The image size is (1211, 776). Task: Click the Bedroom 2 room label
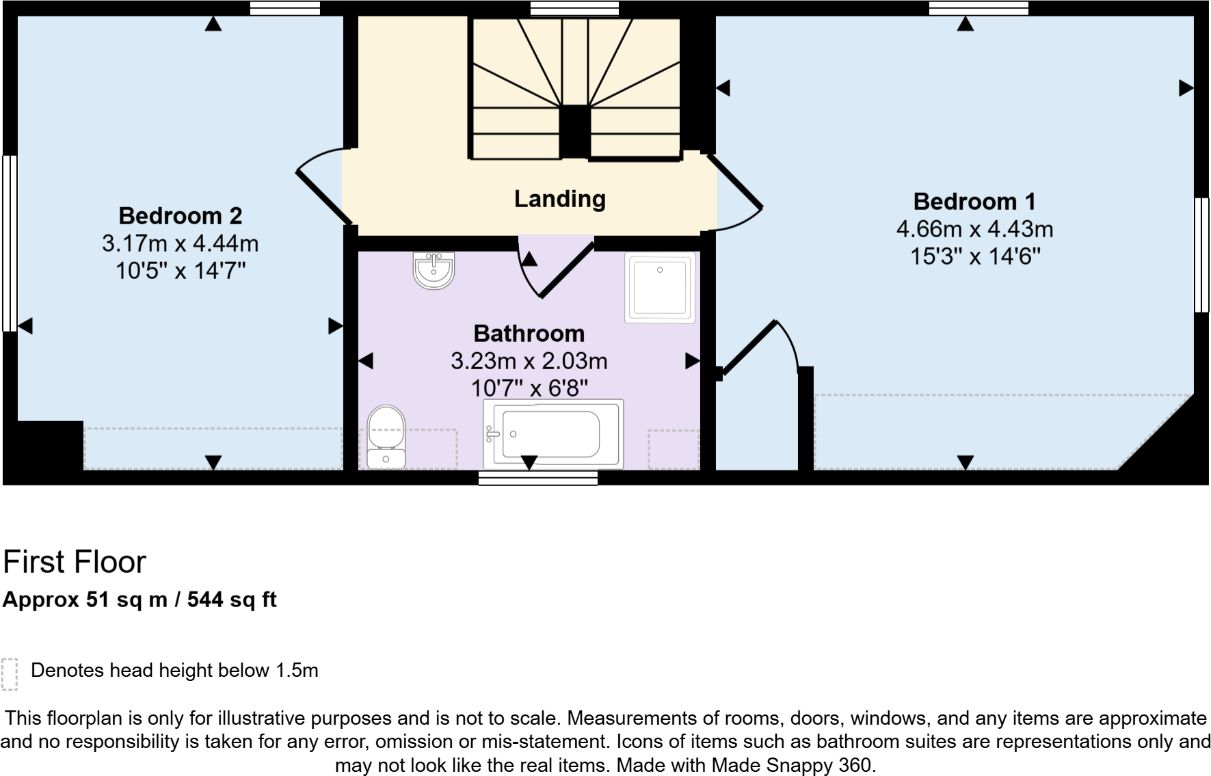[180, 216]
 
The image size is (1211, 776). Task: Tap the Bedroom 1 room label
[974, 202]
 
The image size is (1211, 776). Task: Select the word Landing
[559, 199]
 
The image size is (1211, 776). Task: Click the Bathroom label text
[529, 334]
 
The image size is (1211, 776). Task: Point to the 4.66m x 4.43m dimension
[974, 229]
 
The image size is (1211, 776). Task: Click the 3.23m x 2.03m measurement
[529, 361]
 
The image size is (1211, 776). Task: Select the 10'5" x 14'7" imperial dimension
[180, 271]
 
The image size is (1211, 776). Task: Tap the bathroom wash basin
[434, 271]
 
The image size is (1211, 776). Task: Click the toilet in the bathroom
[386, 438]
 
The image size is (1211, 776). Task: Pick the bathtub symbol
[553, 434]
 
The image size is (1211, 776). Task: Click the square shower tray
[660, 288]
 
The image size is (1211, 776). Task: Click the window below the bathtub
[537, 478]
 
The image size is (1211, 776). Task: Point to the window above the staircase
[574, 8]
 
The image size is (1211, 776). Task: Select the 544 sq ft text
[232, 600]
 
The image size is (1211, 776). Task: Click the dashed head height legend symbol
[9, 674]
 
